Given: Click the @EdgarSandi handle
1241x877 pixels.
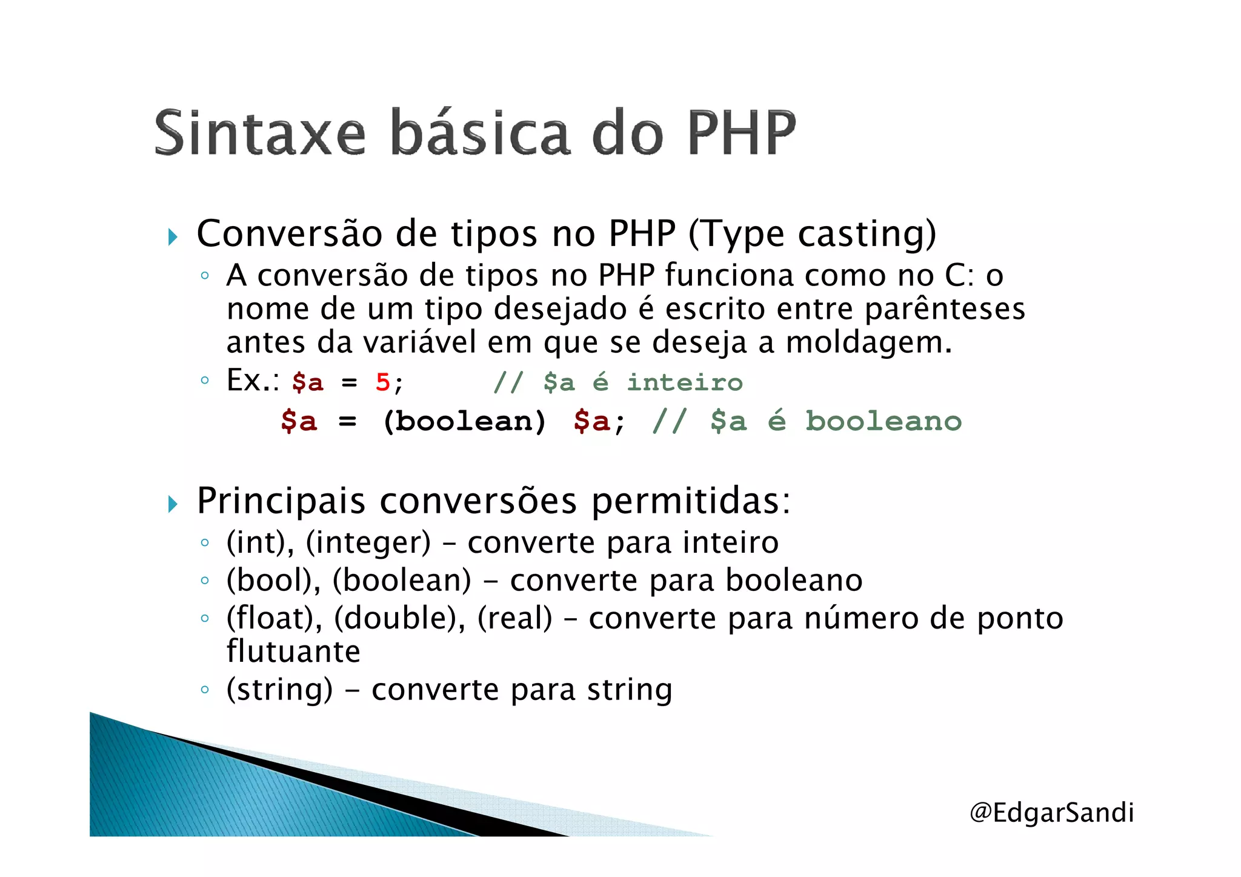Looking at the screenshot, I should tap(1051, 812).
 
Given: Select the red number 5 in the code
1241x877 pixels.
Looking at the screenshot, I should tap(382, 382).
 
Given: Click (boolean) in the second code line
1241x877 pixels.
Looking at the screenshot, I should tap(464, 421).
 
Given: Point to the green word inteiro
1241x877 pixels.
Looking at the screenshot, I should tap(685, 382).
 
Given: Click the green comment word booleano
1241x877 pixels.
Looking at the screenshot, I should tap(883, 421).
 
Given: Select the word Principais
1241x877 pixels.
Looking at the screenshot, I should tap(281, 501).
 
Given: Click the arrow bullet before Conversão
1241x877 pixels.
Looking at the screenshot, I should tap(173, 237).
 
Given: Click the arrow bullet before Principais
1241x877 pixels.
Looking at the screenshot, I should tap(173, 504).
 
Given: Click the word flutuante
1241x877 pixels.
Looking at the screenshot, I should tap(293, 652).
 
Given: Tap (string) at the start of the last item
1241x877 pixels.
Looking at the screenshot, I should tap(279, 690).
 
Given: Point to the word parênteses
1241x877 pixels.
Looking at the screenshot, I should tap(945, 309).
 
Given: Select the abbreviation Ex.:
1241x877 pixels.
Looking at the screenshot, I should tap(253, 381).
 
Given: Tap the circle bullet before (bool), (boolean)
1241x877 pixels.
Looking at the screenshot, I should tap(205, 581).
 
